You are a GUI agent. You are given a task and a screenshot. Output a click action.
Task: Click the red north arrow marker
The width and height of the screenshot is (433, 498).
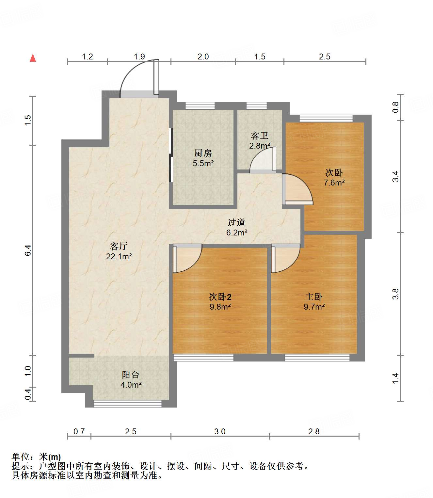tap(33, 58)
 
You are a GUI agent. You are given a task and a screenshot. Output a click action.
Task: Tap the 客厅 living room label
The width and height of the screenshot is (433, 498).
tap(119, 246)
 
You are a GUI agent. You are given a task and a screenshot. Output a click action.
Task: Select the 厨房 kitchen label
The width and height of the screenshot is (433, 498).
tap(203, 153)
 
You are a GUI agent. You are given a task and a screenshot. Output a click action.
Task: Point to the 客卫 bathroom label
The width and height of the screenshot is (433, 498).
tap(259, 136)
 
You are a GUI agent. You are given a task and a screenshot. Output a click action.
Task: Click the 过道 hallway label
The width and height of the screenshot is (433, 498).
tap(236, 223)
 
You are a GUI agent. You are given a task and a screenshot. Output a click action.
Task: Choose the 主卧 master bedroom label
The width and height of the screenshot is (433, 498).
tap(313, 297)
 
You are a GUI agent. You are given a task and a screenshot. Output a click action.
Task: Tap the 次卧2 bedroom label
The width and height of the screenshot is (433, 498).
tap(220, 297)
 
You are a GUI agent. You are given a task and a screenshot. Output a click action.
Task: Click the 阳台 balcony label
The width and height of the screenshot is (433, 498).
tap(130, 375)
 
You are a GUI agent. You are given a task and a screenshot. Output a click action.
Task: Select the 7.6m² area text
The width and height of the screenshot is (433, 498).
tap(334, 183)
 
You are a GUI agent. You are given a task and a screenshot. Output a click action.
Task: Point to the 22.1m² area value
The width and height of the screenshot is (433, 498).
tap(119, 257)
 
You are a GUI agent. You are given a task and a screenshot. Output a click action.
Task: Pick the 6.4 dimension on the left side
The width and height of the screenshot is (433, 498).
tap(28, 250)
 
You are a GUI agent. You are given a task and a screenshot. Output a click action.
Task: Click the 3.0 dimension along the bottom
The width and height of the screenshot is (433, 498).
tap(220, 431)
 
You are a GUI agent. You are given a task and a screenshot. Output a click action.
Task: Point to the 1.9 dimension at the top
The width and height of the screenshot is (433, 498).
tap(139, 56)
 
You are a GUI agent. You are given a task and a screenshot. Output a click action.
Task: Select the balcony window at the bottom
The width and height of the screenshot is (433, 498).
tap(128, 404)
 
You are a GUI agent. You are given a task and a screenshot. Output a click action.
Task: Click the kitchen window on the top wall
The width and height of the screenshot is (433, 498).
tap(200, 105)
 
